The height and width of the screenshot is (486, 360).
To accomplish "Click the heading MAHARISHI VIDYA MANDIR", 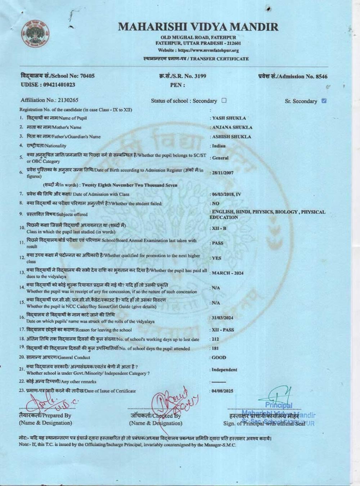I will [198, 27].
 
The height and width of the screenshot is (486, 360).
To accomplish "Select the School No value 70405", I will [87, 76].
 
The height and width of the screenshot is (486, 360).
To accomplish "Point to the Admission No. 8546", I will [320, 76].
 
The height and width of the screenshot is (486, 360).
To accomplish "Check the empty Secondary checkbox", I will [224, 100].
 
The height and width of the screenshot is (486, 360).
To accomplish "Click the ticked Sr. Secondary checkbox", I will [324, 101].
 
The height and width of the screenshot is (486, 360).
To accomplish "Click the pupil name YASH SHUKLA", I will [229, 118].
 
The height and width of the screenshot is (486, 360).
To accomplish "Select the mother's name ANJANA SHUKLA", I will [232, 127].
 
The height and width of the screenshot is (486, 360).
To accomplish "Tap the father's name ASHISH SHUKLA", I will [232, 137].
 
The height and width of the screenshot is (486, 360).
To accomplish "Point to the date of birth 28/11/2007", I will [223, 173].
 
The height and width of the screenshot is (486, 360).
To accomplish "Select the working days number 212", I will [215, 339].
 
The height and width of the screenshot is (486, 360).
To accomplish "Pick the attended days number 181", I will [215, 348].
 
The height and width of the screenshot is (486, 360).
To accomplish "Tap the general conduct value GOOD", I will [219, 358].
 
